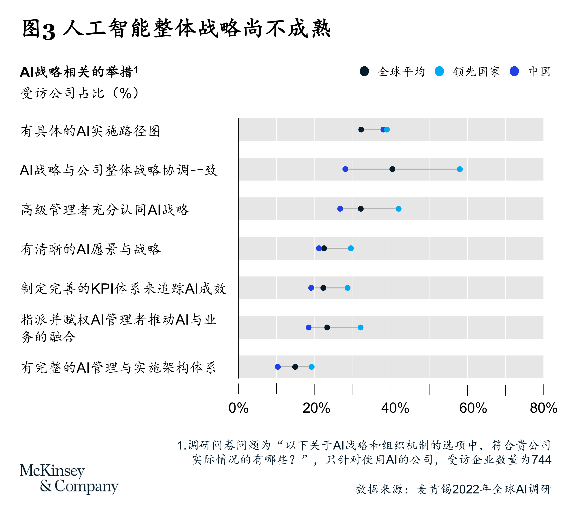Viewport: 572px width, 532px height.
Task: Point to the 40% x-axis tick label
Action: click(x=395, y=408)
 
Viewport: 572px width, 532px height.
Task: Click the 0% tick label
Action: click(x=238, y=408)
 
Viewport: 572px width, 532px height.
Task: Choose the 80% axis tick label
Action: click(x=543, y=408)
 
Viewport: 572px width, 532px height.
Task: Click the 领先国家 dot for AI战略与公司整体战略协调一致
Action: click(x=460, y=169)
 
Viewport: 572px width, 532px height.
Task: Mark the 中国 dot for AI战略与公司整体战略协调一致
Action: click(x=345, y=169)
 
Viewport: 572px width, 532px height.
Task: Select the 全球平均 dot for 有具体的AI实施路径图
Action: click(x=361, y=130)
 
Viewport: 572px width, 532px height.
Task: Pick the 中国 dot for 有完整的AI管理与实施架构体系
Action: click(x=277, y=367)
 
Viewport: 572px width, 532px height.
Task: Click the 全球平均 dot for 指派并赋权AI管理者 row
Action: click(x=327, y=327)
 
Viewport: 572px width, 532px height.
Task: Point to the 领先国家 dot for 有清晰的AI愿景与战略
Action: click(x=351, y=248)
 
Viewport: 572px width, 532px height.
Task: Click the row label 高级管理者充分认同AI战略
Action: click(x=105, y=210)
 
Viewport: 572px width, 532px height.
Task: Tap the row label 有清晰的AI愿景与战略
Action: click(x=91, y=249)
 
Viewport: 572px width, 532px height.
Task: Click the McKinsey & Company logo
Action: click(x=69, y=479)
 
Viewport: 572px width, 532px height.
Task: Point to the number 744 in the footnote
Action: click(x=542, y=460)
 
